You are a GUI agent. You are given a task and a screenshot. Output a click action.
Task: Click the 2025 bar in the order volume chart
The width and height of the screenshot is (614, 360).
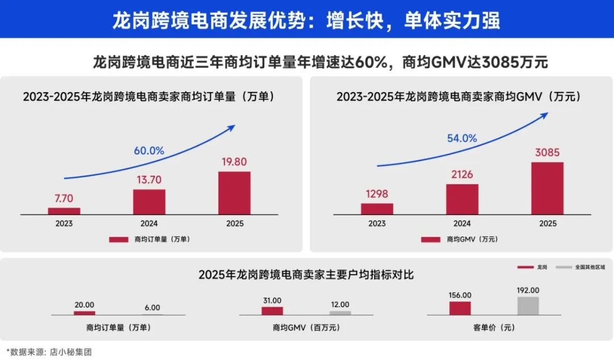click(234, 193)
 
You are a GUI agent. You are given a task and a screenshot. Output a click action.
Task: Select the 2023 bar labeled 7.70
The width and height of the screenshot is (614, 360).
click(64, 211)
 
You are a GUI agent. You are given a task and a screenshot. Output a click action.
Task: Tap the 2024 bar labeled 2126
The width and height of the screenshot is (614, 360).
click(462, 199)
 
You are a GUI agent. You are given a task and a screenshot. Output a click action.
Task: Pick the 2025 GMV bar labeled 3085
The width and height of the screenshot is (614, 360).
click(547, 188)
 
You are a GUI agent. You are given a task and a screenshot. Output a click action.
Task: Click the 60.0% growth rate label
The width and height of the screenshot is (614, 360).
click(149, 151)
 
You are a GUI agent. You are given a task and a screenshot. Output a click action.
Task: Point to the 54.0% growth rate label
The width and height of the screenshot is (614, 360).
click(462, 138)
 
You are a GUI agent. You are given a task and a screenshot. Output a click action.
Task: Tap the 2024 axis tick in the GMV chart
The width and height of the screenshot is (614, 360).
click(462, 224)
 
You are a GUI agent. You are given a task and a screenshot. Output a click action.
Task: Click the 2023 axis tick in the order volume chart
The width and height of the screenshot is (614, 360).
click(64, 224)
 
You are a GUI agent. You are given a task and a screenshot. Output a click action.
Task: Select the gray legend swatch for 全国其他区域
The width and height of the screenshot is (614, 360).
click(563, 267)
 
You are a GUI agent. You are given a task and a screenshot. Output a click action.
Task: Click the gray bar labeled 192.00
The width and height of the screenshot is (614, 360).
click(528, 305)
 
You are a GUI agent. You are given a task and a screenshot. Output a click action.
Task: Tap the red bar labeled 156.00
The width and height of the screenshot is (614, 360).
click(460, 308)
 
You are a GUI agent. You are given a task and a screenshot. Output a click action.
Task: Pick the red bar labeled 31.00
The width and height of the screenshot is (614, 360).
click(272, 311)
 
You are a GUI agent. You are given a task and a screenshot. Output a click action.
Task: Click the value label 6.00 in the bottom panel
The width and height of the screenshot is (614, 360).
click(152, 307)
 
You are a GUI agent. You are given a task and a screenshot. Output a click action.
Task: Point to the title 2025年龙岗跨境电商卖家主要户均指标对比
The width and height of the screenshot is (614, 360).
click(306, 275)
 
